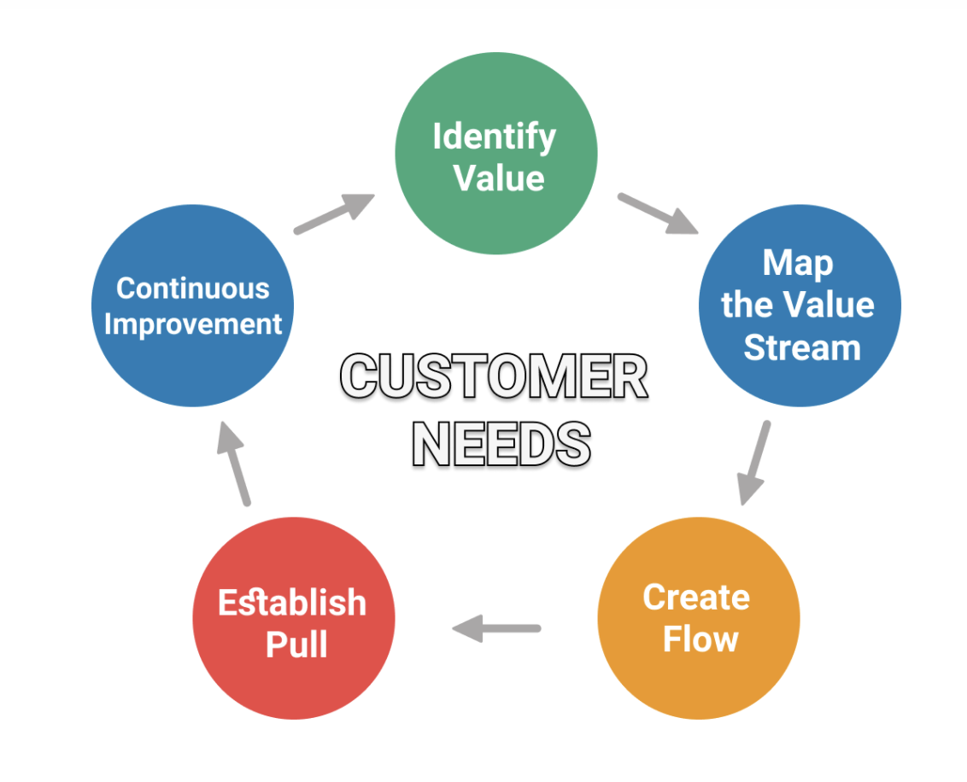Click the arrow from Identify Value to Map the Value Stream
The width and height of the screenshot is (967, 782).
coord(657,213)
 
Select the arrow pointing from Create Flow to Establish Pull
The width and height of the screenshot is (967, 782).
coord(496,629)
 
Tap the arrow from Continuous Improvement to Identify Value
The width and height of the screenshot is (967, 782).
coord(334,213)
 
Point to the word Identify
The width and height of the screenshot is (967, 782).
coord(494,137)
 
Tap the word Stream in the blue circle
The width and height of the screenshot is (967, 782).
coord(802,348)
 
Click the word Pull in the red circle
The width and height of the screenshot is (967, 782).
coord(296,644)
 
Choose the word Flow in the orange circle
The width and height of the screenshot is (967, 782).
coord(700,639)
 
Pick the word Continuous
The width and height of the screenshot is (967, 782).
coord(193,289)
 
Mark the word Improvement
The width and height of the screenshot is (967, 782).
coord(193,324)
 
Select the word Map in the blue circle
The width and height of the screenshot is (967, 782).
coord(798,263)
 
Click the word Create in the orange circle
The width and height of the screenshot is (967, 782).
coord(696,598)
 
